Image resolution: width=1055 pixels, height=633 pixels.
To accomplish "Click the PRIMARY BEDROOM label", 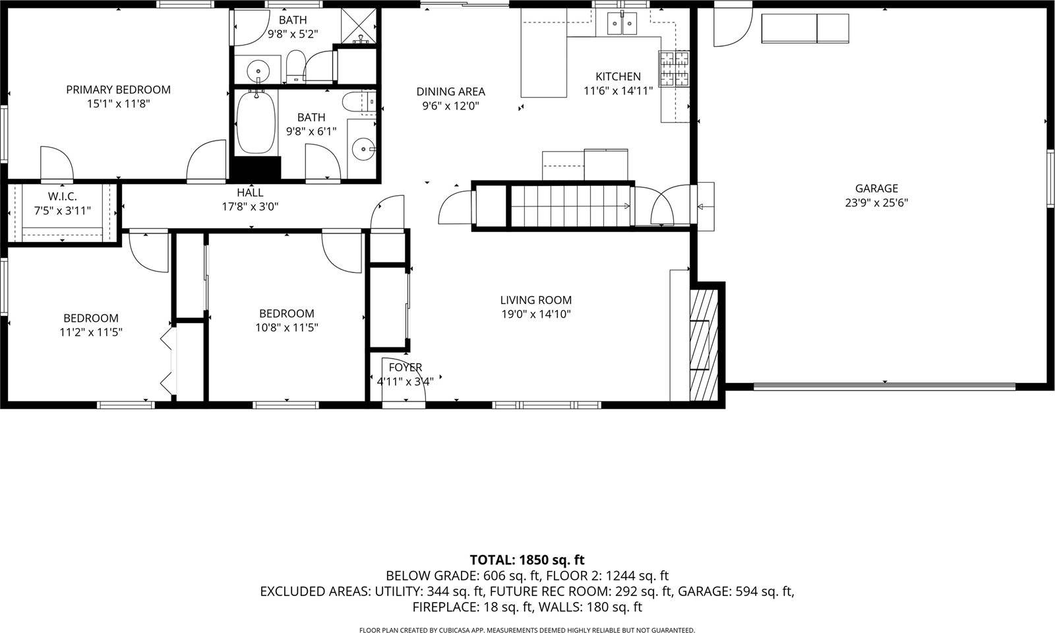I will [118, 90].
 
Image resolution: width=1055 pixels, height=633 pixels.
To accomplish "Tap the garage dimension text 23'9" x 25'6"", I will [876, 203].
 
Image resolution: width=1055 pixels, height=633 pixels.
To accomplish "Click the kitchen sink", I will [622, 24].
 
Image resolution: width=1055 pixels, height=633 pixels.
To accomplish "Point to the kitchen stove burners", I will [673, 69].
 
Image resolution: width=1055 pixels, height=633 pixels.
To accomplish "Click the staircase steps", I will [568, 206].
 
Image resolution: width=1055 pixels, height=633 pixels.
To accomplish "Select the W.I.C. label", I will [63, 196].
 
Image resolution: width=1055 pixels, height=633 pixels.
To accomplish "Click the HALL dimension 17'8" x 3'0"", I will [250, 206].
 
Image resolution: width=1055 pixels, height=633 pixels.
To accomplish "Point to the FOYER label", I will [405, 367].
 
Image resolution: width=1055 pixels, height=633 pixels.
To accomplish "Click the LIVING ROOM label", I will [535, 300].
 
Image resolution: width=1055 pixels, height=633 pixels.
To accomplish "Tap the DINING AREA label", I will [450, 92].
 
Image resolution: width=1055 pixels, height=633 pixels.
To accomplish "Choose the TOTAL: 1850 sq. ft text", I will [527, 560].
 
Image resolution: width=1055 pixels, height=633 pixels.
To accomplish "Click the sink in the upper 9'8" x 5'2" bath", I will [258, 69].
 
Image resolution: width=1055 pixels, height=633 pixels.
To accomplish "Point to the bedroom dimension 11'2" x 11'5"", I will [90, 332].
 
